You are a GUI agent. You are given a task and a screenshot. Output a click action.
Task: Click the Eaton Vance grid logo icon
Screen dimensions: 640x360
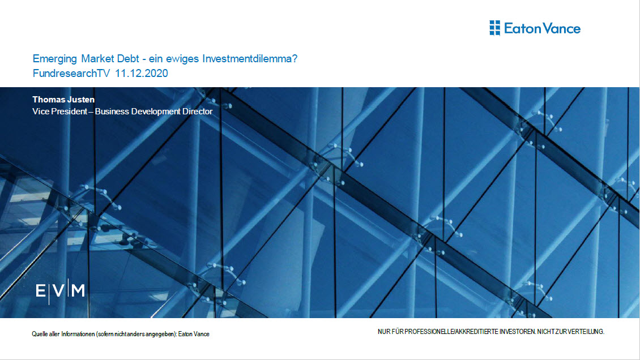click(494, 28)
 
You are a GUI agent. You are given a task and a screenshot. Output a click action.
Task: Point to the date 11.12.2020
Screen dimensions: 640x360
click(142, 74)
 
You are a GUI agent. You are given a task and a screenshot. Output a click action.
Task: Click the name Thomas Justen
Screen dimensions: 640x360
click(63, 100)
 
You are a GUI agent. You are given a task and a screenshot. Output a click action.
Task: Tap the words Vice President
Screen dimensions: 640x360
click(59, 112)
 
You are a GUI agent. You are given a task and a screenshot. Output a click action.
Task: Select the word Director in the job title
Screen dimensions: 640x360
click(197, 112)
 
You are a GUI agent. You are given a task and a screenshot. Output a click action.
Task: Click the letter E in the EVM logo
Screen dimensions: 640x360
click(40, 291)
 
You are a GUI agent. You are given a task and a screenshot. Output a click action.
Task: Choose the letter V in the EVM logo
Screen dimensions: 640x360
click(59, 291)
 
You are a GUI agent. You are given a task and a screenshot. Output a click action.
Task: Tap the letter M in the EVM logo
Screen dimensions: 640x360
click(78, 291)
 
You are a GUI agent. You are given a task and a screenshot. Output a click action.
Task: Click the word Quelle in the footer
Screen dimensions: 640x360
click(39, 334)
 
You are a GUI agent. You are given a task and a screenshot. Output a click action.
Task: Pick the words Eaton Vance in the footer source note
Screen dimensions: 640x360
click(194, 334)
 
